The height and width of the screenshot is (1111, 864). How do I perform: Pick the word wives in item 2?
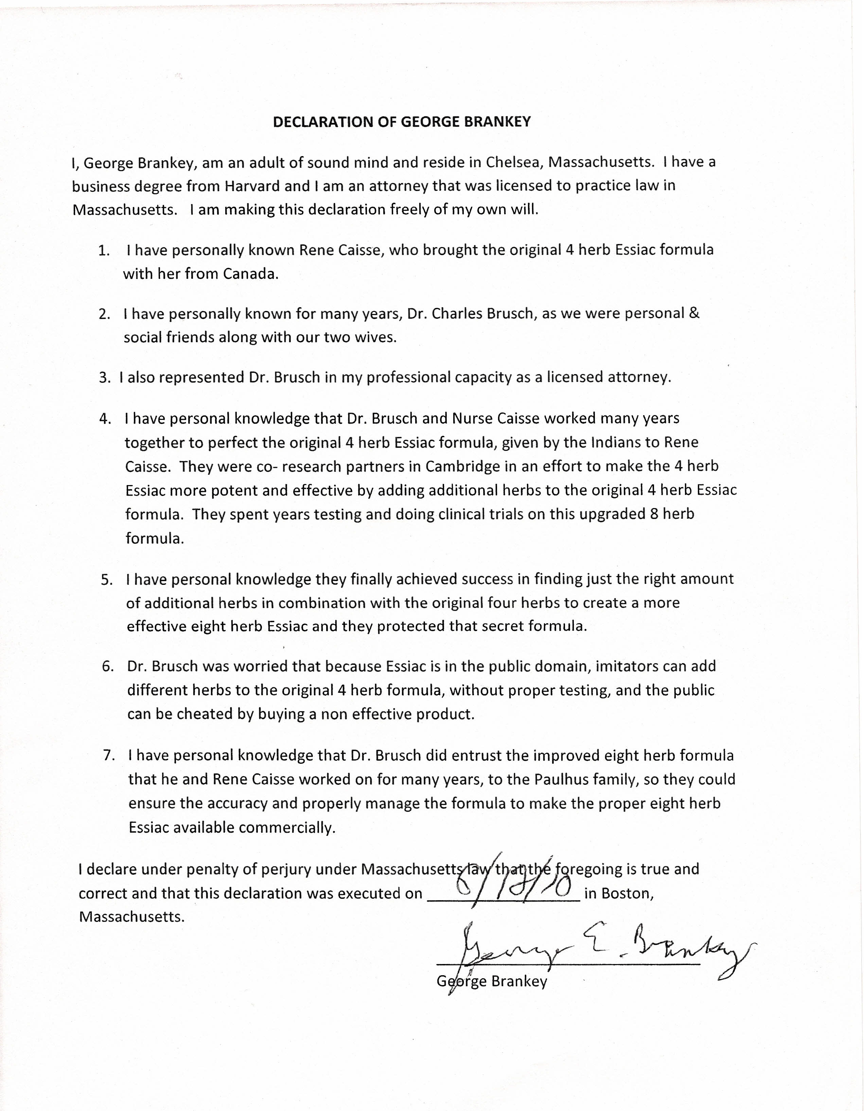point(376,337)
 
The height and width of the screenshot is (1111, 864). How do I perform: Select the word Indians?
point(616,442)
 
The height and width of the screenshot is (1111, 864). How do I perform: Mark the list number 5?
point(106,579)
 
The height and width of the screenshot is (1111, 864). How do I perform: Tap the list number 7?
point(108,755)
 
